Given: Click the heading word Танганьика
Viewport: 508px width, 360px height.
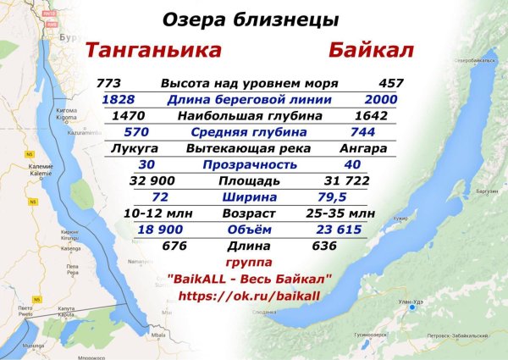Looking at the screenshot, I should point(154,51).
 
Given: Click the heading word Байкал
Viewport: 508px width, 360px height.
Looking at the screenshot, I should point(371,51).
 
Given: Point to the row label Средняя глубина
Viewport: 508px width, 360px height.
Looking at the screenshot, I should point(250,132).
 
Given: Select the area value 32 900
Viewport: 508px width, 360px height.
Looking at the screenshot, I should point(152,181).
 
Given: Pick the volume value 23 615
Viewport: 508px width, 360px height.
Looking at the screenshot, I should point(338,230).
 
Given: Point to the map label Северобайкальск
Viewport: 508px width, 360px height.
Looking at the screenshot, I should point(473,62).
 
